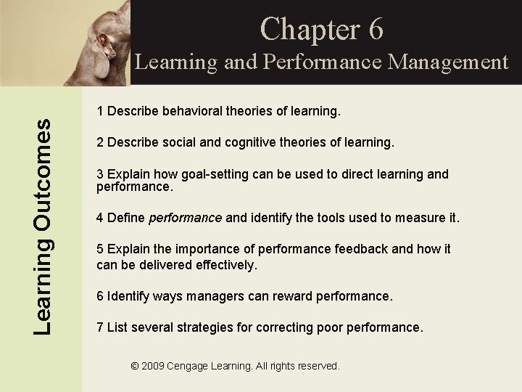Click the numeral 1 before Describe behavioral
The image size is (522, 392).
(x=101, y=113)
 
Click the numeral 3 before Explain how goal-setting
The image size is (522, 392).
(x=101, y=174)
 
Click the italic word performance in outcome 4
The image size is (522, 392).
(x=185, y=218)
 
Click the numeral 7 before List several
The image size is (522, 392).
(x=101, y=327)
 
